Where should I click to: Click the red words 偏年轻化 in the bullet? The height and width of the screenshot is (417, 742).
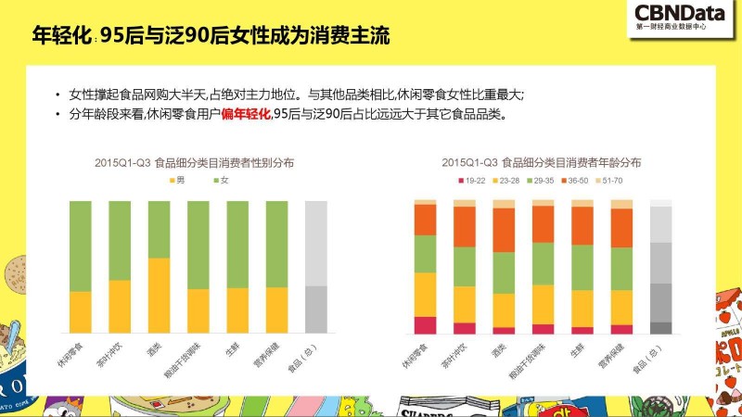pos(246,114)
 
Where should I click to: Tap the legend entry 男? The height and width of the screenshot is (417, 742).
pos(176,178)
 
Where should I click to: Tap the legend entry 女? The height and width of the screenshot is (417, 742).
pos(221,178)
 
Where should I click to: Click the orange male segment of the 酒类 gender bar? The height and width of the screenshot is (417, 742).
pos(159,295)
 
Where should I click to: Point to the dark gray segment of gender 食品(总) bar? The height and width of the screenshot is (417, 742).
pos(316,309)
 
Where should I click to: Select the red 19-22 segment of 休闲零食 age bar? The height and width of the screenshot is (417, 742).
pos(425,324)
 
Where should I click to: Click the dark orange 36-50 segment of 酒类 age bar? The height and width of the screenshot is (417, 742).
pos(504,230)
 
